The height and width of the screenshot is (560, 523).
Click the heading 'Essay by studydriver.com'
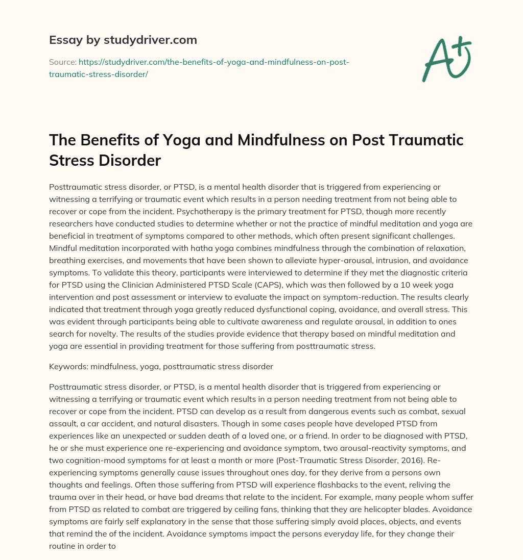123,40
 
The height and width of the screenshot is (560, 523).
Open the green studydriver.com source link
199,67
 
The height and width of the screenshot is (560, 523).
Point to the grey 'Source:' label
62,62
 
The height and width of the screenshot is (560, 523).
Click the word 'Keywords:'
68,366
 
